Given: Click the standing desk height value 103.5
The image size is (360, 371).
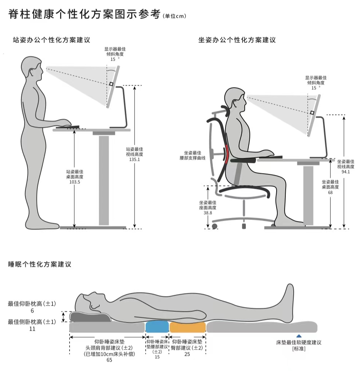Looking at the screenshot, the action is (x=75, y=182).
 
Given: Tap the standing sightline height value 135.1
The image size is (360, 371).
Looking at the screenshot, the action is (x=135, y=159).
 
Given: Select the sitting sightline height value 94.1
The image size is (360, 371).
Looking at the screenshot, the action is (x=345, y=172).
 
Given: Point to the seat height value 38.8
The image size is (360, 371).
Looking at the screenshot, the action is (x=208, y=213).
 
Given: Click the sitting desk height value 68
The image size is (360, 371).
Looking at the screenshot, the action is (x=330, y=192).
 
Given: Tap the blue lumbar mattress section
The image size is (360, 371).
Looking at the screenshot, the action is (x=157, y=327).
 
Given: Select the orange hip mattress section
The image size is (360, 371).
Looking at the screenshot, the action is (x=187, y=327).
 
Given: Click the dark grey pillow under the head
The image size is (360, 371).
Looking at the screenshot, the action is (x=91, y=317).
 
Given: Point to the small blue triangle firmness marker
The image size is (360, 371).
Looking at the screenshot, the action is (x=299, y=336).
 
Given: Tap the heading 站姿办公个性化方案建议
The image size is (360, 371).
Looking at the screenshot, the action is (x=51, y=40).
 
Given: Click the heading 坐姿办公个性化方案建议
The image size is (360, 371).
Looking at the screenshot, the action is (x=237, y=40).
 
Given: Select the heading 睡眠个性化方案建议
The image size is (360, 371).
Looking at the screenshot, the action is (x=40, y=264).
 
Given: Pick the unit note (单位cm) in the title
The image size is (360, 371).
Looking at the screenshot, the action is (x=175, y=16).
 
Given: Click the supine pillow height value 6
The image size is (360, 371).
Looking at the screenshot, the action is (x=32, y=311).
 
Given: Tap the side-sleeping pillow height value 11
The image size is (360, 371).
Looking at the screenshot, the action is (x=32, y=329).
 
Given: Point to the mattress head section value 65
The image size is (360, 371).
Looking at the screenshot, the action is (x=109, y=360).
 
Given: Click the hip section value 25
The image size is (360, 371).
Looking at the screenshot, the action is (x=187, y=354).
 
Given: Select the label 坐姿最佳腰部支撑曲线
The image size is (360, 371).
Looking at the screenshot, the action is (x=193, y=155).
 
